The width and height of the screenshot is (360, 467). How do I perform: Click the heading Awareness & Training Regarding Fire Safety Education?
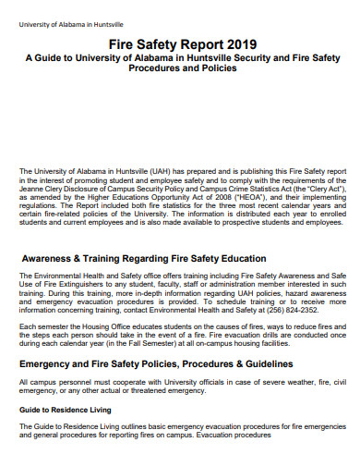pos(144,258)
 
